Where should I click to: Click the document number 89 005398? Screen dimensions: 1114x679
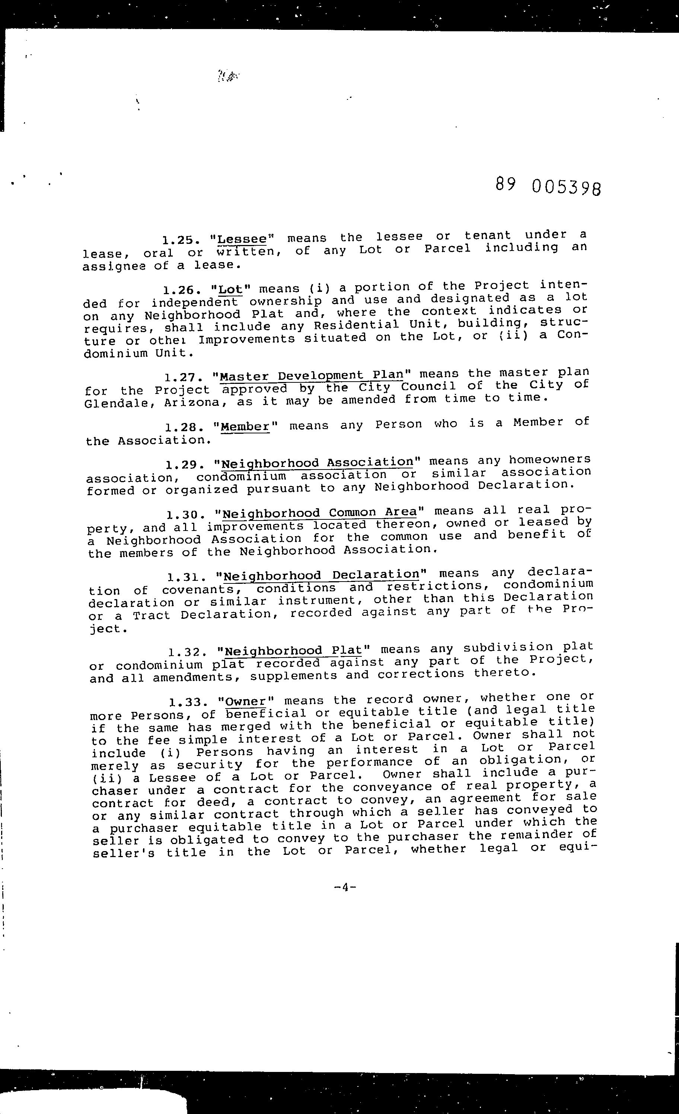[548, 186]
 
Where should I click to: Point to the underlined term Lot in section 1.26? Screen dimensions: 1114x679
[230, 289]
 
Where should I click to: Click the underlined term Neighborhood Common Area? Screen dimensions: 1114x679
[320, 513]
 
